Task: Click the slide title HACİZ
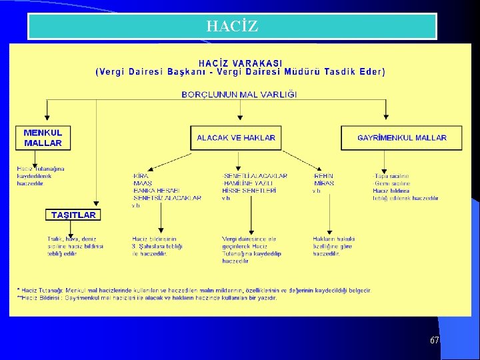point(232,27)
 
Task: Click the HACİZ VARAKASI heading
point(240,63)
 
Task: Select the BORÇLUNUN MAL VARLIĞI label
point(239,95)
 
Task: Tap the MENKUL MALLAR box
point(43,137)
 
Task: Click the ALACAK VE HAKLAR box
point(236,138)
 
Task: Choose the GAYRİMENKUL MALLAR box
point(402,138)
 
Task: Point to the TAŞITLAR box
point(73,215)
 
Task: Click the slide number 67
point(434,340)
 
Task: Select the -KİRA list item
point(141,176)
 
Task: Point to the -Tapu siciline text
point(391,176)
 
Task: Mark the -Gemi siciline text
point(391,183)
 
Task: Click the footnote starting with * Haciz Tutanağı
point(193,290)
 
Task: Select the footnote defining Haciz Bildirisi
point(147,297)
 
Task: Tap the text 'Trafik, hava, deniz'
point(72,239)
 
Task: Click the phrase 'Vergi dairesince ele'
point(249,239)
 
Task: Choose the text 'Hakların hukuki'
point(334,239)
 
